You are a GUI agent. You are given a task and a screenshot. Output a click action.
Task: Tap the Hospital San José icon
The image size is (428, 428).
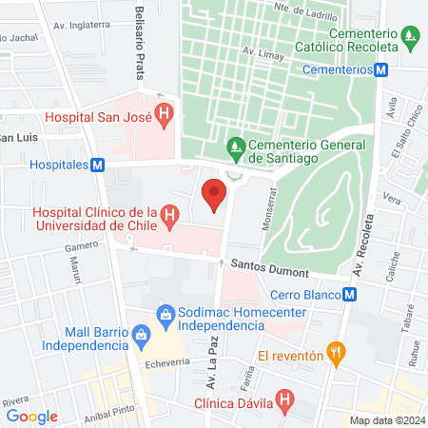(x=165, y=117)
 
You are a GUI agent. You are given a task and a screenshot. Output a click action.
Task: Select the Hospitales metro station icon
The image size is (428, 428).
(x=97, y=165)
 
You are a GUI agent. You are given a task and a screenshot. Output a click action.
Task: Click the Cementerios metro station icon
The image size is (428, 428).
(x=381, y=69)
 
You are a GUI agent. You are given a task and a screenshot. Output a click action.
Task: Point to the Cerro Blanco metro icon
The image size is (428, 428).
(x=351, y=295)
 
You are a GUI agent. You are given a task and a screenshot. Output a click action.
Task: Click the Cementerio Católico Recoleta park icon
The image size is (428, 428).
(x=410, y=39)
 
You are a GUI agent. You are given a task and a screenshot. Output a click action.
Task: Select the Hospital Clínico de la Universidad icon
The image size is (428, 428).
(x=170, y=217)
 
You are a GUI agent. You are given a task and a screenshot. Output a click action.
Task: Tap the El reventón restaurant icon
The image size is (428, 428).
(x=334, y=352)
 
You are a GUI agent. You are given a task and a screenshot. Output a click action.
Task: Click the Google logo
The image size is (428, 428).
(x=32, y=416)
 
